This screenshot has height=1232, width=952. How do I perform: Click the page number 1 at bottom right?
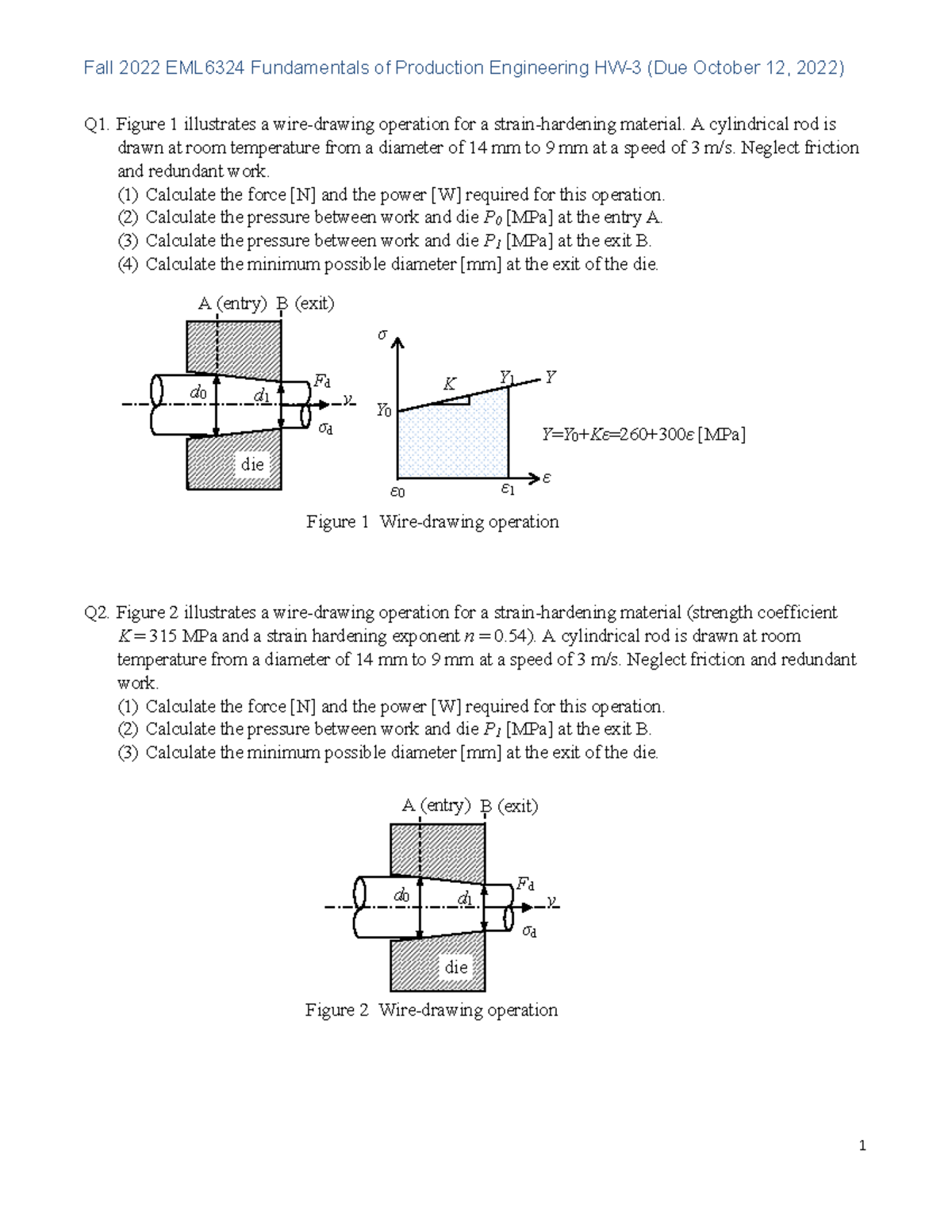click(862, 1146)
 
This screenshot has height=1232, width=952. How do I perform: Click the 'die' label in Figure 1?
click(252, 464)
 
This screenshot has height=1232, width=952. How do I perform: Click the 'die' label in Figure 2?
click(456, 966)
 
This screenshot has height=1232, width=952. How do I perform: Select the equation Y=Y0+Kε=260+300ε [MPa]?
click(643, 434)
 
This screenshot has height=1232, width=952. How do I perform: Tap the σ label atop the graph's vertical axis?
click(382, 335)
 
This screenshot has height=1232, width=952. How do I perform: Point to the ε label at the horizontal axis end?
click(547, 478)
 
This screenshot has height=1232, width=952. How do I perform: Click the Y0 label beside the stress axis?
click(384, 410)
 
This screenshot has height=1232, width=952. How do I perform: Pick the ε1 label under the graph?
click(508, 489)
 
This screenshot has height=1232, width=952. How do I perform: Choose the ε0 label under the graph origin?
click(397, 492)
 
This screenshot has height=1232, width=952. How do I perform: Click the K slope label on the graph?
click(449, 385)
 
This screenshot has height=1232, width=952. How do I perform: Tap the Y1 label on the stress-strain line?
click(507, 377)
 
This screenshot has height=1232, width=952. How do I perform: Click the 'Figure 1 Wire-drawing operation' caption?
click(432, 521)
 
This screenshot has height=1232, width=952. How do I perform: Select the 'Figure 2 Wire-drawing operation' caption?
click(432, 1010)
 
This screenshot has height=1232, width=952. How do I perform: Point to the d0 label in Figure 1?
click(198, 393)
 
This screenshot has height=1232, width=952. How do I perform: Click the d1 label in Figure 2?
click(466, 898)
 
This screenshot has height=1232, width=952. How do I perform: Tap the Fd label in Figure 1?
click(322, 381)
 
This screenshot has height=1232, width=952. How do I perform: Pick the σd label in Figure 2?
click(529, 931)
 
